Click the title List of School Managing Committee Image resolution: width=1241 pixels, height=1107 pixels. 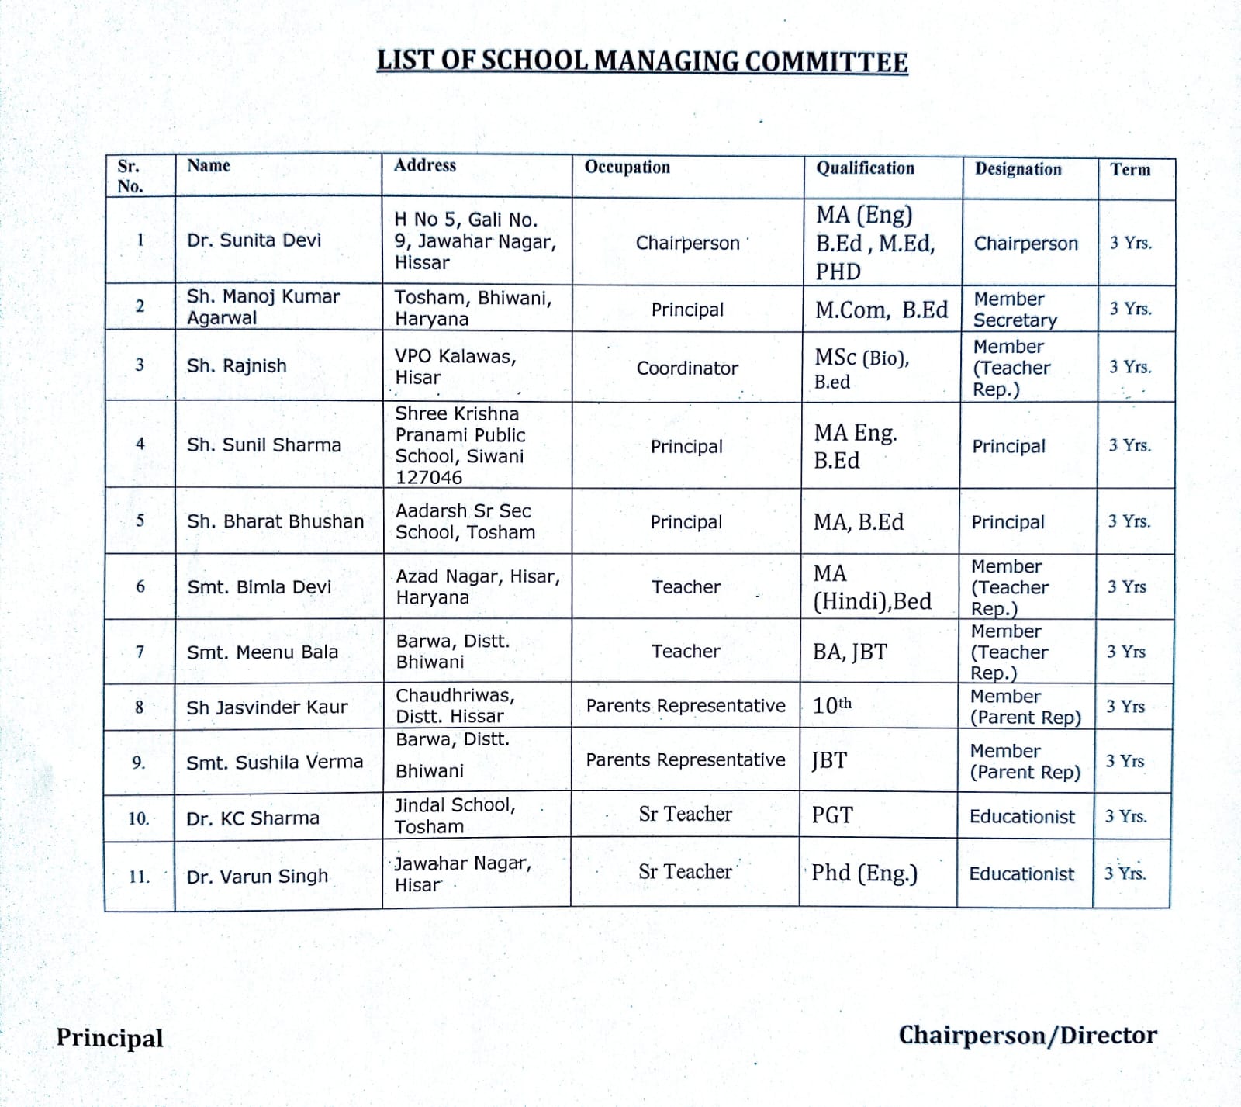[642, 61]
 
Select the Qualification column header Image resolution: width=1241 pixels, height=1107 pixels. [865, 168]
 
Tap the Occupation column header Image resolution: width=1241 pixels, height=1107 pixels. [627, 168]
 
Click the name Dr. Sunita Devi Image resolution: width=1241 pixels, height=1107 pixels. [254, 240]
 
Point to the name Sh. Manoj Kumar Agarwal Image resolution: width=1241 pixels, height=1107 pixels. [263, 307]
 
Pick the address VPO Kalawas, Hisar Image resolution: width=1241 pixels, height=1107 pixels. [455, 367]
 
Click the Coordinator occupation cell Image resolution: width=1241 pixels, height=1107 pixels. [687, 368]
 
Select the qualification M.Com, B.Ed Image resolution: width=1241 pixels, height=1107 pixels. [881, 310]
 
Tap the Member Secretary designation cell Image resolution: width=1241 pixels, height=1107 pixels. [1015, 310]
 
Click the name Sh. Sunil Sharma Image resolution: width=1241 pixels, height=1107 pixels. [264, 445]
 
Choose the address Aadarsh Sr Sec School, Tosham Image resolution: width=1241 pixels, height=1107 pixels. [465, 521]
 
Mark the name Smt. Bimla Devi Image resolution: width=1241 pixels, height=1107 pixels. [259, 587]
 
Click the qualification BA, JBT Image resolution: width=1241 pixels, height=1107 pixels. [849, 652]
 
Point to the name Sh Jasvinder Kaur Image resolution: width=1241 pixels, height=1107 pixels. [267, 707]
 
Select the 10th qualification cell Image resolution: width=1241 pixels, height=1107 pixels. [831, 705]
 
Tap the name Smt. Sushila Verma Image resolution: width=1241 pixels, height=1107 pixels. [275, 763]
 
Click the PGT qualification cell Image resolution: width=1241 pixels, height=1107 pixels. [831, 815]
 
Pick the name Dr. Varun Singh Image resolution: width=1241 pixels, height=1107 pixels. [257, 877]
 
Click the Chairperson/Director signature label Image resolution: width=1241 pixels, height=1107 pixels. [1028, 1036]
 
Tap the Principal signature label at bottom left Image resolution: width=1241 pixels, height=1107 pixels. [109, 1038]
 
